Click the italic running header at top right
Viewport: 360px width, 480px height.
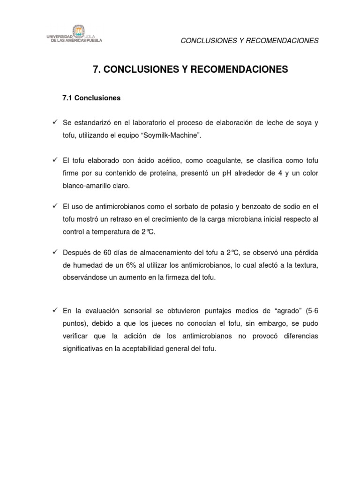(249, 41)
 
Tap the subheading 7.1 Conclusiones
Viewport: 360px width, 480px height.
(91, 98)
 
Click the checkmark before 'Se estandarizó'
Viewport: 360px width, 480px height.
(55, 123)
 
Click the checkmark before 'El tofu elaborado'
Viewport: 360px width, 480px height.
(55, 161)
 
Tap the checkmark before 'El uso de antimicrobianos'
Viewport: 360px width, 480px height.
(55, 206)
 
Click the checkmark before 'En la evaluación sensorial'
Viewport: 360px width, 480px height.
(55, 311)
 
